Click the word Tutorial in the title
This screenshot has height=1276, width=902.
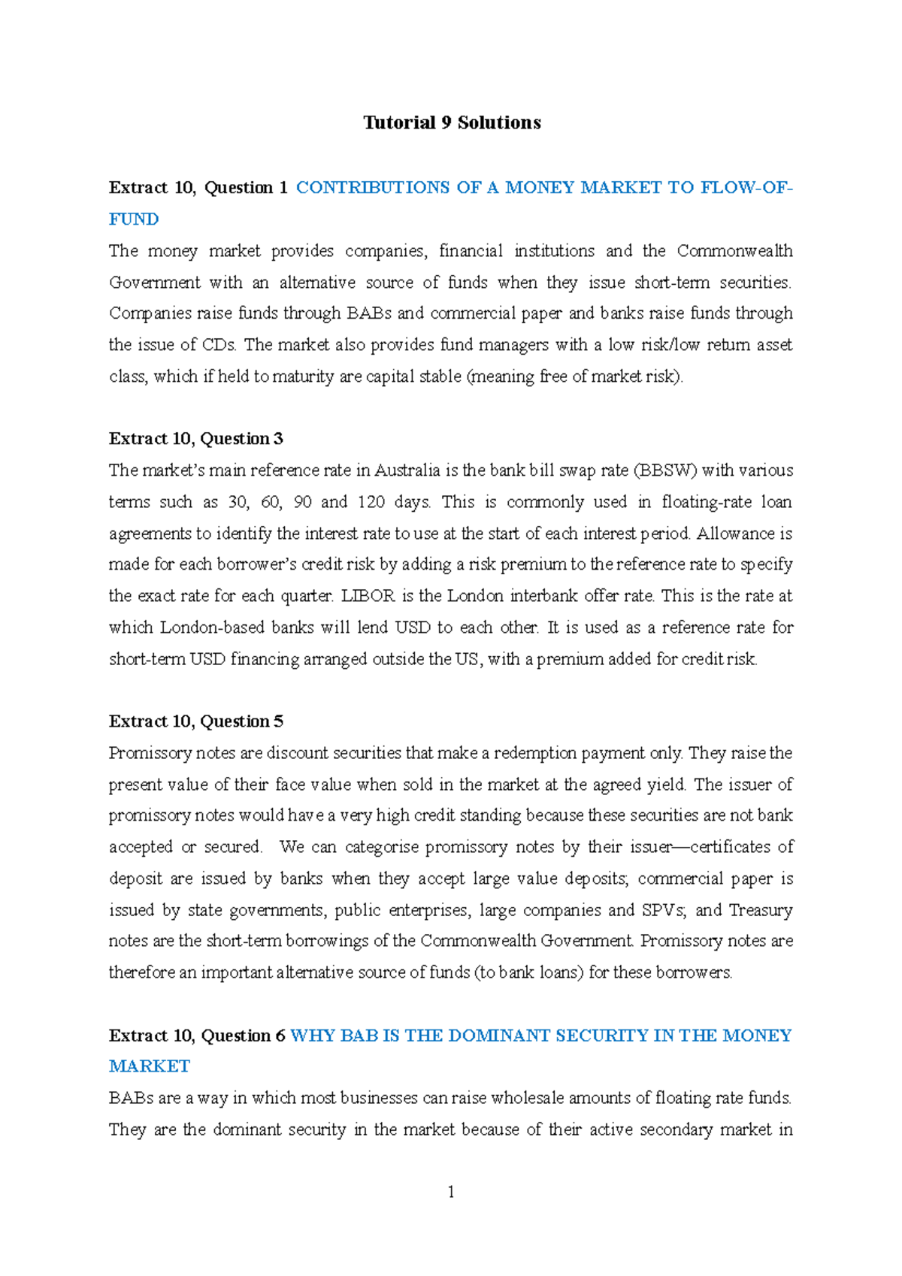click(399, 122)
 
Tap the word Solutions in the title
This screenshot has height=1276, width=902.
click(499, 122)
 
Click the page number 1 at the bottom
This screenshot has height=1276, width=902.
click(451, 1192)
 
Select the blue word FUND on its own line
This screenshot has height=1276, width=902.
click(134, 219)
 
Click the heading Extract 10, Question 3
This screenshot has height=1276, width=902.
click(195, 439)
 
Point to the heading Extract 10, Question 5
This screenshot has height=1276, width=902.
click(195, 721)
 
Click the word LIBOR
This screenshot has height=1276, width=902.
click(368, 596)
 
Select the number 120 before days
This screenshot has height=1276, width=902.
click(371, 502)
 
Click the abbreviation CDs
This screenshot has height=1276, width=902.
click(219, 345)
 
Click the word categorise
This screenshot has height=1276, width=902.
click(382, 847)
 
